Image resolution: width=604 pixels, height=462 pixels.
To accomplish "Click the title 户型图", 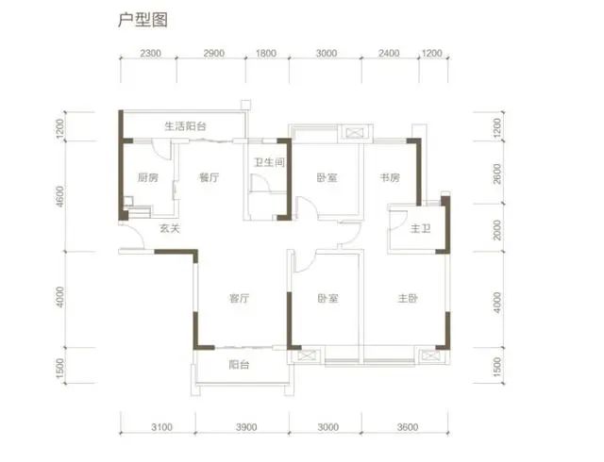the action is pyautogui.click(x=143, y=20).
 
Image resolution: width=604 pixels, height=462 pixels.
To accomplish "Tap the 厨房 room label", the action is pyautogui.click(x=148, y=177).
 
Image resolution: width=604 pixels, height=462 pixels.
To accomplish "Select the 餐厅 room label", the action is pyautogui.click(x=209, y=177).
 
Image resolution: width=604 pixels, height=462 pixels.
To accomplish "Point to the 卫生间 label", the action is pyautogui.click(x=269, y=162).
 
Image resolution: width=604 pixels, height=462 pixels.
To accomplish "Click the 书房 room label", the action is pyautogui.click(x=390, y=177).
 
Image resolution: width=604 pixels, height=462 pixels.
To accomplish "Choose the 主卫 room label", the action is pyautogui.click(x=420, y=229).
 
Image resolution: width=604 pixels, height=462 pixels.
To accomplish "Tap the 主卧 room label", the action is pyautogui.click(x=408, y=298).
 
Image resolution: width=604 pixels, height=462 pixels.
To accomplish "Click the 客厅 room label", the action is pyautogui.click(x=239, y=298).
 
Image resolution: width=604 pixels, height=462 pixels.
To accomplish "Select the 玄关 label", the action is pyautogui.click(x=170, y=228).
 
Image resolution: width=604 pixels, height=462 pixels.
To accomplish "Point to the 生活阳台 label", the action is pyautogui.click(x=185, y=126).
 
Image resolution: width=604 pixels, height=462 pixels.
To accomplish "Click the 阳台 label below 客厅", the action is pyautogui.click(x=239, y=364).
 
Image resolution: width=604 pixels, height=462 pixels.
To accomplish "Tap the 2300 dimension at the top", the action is pyautogui.click(x=150, y=53).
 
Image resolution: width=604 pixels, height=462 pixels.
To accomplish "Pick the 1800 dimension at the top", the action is pyautogui.click(x=266, y=53).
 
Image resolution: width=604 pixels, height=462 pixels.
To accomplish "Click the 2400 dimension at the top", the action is pyautogui.click(x=389, y=53).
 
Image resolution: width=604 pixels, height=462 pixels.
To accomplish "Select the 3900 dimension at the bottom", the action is pyautogui.click(x=246, y=427).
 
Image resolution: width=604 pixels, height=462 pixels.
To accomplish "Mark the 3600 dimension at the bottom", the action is pyautogui.click(x=408, y=427).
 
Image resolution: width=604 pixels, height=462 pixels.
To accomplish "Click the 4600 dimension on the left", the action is pyautogui.click(x=59, y=196).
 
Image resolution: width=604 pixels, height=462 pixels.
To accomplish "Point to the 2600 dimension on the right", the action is pyautogui.click(x=497, y=173).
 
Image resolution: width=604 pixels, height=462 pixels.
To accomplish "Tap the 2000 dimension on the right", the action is pyautogui.click(x=497, y=230).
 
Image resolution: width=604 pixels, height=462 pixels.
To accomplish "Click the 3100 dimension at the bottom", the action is pyautogui.click(x=161, y=427).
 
